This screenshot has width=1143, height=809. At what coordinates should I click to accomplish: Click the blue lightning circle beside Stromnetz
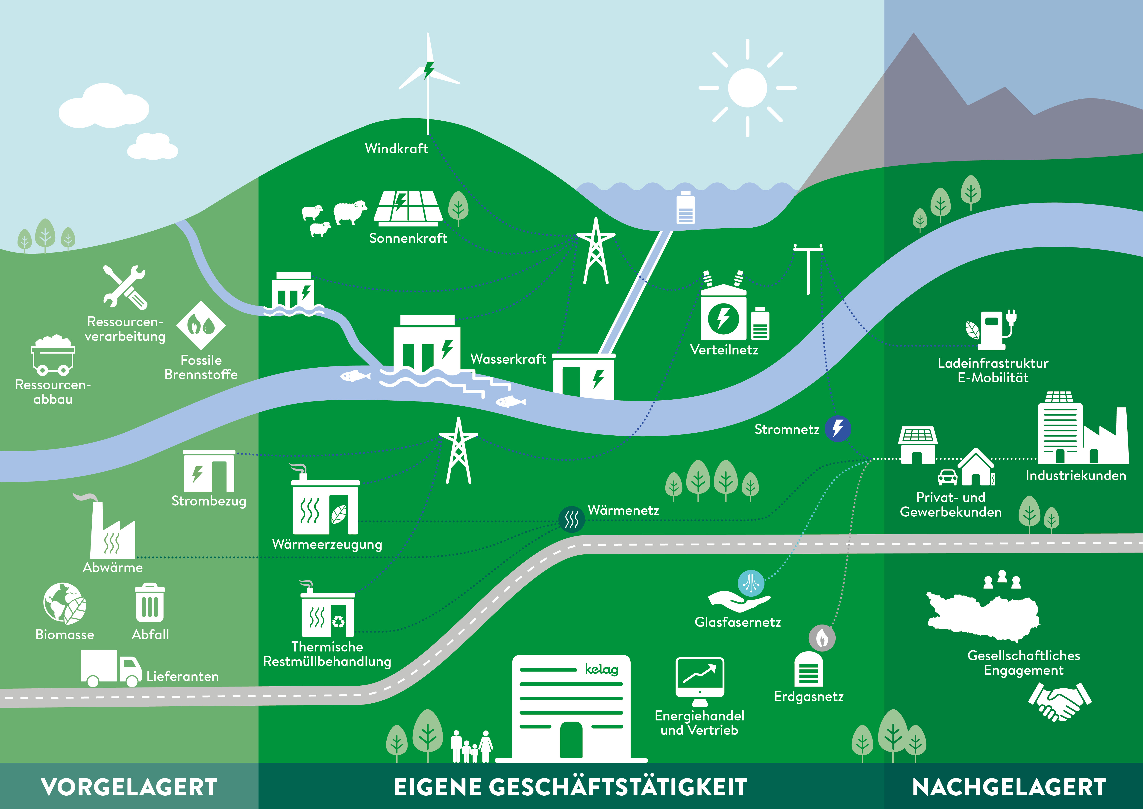[x=838, y=428]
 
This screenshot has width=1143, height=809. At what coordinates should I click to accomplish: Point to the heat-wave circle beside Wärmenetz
[x=571, y=520]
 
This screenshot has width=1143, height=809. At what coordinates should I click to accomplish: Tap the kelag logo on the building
[x=601, y=669]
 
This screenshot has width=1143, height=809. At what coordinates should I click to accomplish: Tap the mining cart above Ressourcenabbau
[x=53, y=355]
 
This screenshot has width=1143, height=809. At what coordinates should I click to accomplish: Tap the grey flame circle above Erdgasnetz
[x=822, y=638]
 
